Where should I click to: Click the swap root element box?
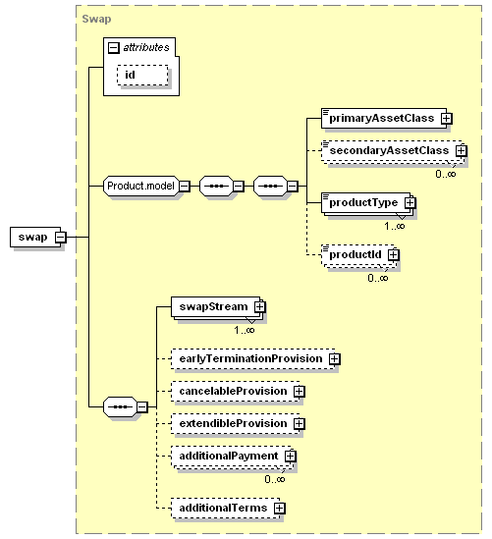[x=35, y=237]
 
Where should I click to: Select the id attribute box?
[x=142, y=75]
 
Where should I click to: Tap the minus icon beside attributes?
[x=114, y=47]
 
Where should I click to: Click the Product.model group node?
[x=141, y=186]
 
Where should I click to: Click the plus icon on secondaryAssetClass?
[x=461, y=150]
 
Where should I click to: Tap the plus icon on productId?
[x=394, y=254]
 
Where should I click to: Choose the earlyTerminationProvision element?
[x=252, y=359]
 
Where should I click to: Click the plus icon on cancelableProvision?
[x=300, y=391]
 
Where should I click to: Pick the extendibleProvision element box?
[x=235, y=423]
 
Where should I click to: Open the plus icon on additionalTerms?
[x=280, y=508]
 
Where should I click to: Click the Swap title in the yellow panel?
[x=96, y=19]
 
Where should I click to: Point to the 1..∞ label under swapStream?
[x=245, y=330]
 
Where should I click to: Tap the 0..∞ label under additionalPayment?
[x=275, y=479]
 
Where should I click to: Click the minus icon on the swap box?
[x=61, y=237]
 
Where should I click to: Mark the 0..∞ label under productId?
[x=378, y=278]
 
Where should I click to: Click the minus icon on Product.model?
[x=185, y=187]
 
